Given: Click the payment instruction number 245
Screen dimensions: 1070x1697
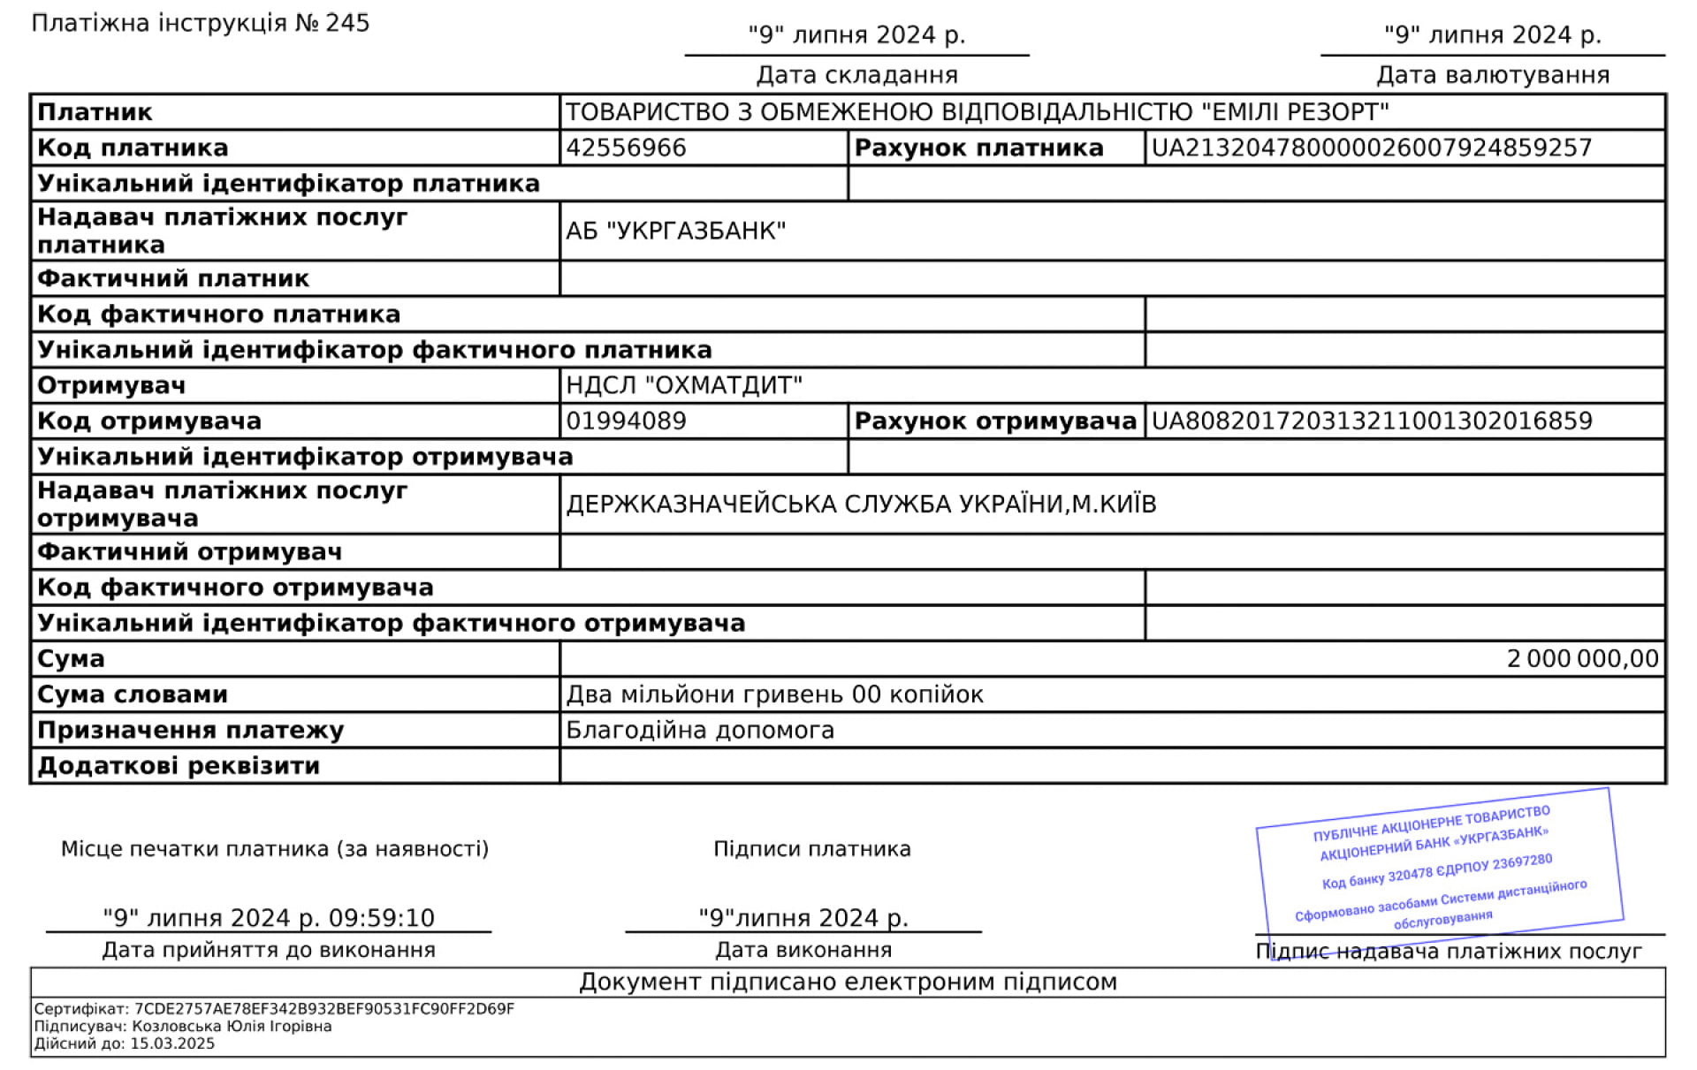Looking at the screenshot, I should click(x=347, y=23).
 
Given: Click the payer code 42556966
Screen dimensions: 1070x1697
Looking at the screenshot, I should click(x=626, y=148).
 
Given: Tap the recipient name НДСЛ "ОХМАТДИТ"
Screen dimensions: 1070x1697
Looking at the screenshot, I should click(x=684, y=385).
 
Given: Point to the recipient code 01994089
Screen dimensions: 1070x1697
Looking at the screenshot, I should click(x=626, y=421).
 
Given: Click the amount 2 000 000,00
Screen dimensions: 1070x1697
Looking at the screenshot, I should click(x=1582, y=659).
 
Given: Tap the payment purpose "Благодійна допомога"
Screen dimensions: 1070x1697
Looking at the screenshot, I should click(x=700, y=731).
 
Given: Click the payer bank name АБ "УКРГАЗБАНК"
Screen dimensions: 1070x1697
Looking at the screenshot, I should click(x=676, y=231).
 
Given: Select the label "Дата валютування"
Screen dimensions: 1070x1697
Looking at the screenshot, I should click(x=1493, y=75).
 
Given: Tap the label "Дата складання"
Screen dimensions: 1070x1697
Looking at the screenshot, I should click(x=857, y=75).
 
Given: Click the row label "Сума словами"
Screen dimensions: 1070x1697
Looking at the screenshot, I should click(x=133, y=694).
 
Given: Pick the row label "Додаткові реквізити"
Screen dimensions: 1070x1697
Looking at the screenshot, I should click(x=179, y=766).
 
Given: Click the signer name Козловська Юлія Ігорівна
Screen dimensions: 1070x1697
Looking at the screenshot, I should click(x=232, y=1027).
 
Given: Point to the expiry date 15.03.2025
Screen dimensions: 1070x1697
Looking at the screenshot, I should click(x=172, y=1043).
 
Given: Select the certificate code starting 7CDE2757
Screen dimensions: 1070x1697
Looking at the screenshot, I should click(x=324, y=1009).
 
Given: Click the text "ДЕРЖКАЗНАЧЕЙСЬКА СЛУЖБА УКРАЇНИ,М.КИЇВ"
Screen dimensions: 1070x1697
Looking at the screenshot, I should click(x=861, y=505).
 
